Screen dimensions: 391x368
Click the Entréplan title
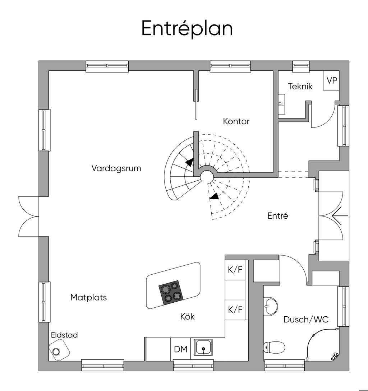[x=187, y=29]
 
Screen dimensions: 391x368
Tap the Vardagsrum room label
[x=116, y=168]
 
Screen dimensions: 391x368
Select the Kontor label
[x=236, y=121]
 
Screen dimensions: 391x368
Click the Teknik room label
[x=300, y=87]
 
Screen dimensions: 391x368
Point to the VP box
[x=332, y=81]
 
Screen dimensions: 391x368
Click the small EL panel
[x=281, y=104]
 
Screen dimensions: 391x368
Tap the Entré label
[x=278, y=216]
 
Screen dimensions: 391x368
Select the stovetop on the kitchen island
[x=170, y=292]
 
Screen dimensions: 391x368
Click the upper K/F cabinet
[x=235, y=270]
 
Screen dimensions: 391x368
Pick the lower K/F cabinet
[x=235, y=309]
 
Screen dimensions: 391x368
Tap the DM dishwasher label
[x=180, y=349]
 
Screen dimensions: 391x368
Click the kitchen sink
[x=204, y=348]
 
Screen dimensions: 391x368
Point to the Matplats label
[x=88, y=297]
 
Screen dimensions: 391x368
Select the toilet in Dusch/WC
[x=275, y=347]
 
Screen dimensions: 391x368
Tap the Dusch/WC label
[x=306, y=319]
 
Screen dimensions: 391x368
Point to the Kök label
[x=187, y=317]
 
